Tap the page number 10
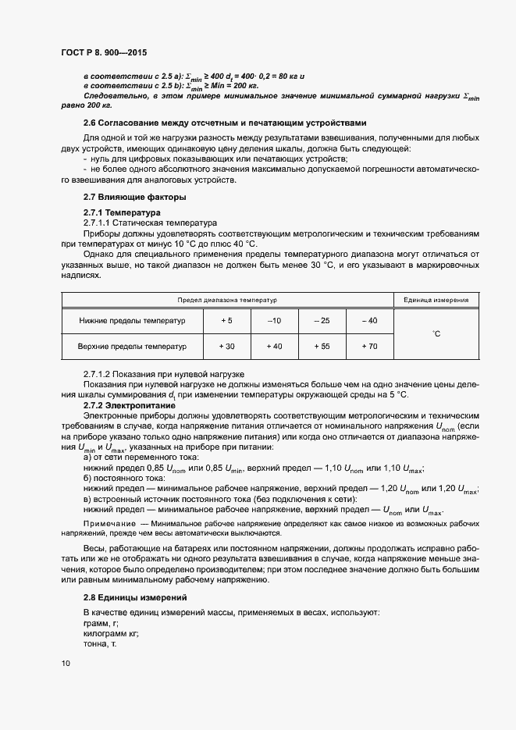[65, 663]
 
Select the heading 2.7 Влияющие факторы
[123, 197]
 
